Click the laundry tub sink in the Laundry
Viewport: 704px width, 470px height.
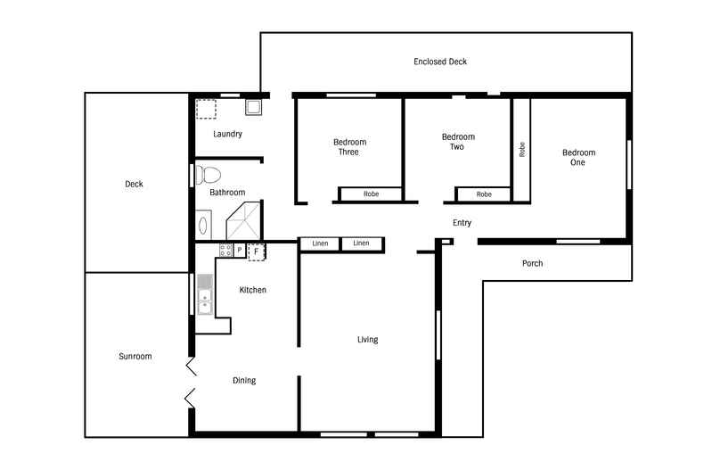[x=254, y=109]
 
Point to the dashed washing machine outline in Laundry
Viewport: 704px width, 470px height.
[x=206, y=109]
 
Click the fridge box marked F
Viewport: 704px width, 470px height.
[x=257, y=251]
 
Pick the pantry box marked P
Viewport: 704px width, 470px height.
[x=239, y=251]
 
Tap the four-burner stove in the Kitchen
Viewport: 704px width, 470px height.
[x=225, y=251]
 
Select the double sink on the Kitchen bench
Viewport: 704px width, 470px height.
[x=205, y=295]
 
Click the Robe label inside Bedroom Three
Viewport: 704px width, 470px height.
[x=371, y=194]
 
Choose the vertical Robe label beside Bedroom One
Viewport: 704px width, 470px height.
[x=521, y=150]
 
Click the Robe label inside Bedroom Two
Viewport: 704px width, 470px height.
[x=483, y=194]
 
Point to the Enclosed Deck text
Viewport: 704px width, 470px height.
[x=440, y=62]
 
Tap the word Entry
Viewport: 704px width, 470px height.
[x=462, y=223]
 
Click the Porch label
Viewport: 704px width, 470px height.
[x=532, y=263]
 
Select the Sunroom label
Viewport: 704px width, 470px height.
[x=135, y=357]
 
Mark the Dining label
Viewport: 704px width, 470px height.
[x=244, y=381]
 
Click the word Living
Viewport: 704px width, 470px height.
[x=367, y=340]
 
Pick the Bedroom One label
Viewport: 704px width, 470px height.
[x=578, y=157]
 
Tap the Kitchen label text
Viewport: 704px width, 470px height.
[x=252, y=290]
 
